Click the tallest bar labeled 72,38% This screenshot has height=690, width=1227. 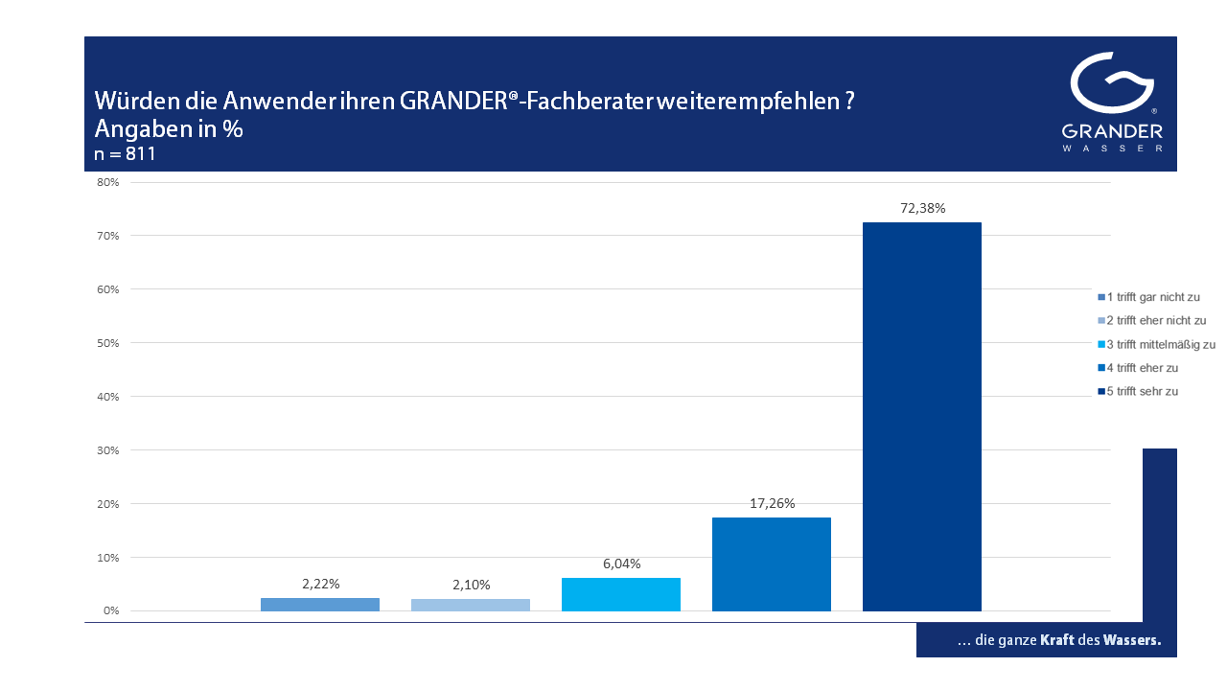coord(921,417)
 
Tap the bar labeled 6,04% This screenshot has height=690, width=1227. coord(620,594)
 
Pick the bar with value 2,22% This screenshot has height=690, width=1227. coord(319,604)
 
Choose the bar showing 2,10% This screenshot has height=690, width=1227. coord(470,605)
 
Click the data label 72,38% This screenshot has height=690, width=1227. coord(922,208)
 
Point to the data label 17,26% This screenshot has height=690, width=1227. coord(772,503)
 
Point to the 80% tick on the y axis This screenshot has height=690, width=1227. coord(107,182)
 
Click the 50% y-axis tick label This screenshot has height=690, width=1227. coord(107,343)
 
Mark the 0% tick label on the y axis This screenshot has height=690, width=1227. coord(110,610)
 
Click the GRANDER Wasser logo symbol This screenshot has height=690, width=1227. coord(1112,84)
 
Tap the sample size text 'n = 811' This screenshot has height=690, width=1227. coord(125,153)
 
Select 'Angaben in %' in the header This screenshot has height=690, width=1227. coord(169,129)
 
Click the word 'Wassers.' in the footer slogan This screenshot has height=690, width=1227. coord(1132,640)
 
